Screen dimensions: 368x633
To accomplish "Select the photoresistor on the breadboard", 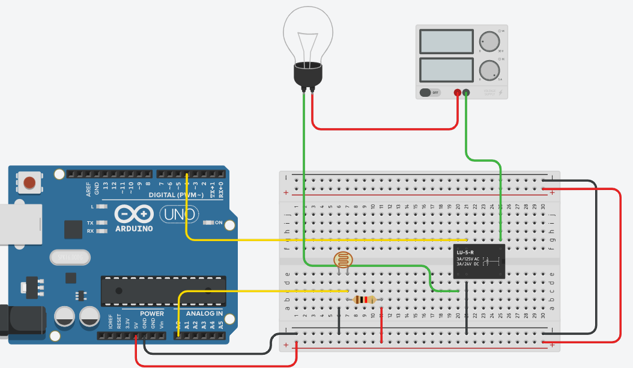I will pyautogui.click(x=344, y=260).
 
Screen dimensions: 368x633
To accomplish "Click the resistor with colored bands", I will pyautogui.click(x=364, y=299).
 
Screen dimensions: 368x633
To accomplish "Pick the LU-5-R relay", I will pyautogui.click(x=479, y=261).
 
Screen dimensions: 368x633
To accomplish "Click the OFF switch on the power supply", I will pyautogui.click(x=429, y=93).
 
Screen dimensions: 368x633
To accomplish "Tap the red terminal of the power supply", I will pyautogui.click(x=458, y=93).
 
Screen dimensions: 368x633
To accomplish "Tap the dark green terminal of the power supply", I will pyautogui.click(x=466, y=93).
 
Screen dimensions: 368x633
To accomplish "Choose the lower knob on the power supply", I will pyautogui.click(x=489, y=70).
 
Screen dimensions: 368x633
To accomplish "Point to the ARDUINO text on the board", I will pyautogui.click(x=133, y=228).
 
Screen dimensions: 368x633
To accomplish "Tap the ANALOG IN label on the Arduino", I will pyautogui.click(x=204, y=313).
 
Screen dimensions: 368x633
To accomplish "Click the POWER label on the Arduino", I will pyautogui.click(x=151, y=313).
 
